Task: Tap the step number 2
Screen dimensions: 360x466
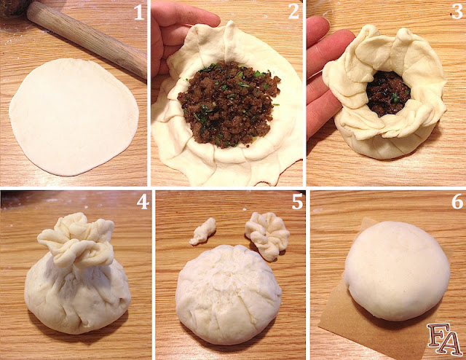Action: (293, 12)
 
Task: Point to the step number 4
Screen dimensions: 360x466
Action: (141, 202)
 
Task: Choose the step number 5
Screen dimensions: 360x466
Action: (296, 202)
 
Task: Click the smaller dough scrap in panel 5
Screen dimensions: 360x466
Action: (202, 230)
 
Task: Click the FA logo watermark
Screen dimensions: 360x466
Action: (443, 340)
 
